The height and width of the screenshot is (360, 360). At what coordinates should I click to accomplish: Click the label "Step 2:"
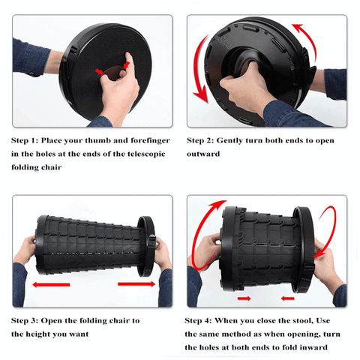point(200,141)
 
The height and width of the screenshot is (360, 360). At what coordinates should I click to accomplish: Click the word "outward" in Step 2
point(203,154)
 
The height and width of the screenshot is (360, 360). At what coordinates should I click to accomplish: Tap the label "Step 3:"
point(25,321)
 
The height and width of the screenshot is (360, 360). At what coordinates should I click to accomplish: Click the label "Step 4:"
point(198,321)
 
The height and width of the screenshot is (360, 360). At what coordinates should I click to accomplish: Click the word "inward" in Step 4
point(313,347)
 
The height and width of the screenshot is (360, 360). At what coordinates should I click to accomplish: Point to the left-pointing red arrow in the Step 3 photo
point(51,284)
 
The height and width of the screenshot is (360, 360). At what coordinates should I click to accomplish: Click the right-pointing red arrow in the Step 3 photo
point(136,283)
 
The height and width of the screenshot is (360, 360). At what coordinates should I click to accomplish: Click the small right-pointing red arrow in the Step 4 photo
point(244,298)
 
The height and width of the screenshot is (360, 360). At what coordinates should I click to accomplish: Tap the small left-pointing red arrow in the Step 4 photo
point(287,298)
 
